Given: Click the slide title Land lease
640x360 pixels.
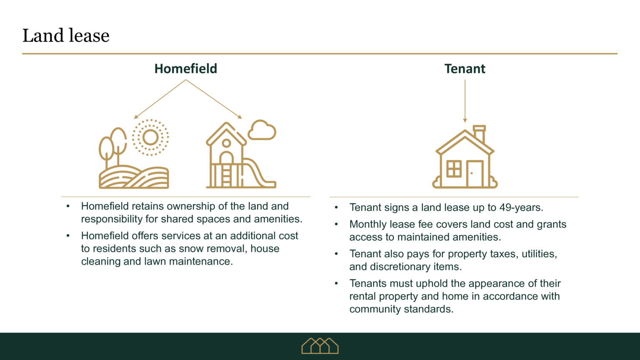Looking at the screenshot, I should tap(66, 36).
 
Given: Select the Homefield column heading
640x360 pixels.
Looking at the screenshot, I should tap(185, 69).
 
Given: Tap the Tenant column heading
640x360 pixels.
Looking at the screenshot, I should tap(465, 69).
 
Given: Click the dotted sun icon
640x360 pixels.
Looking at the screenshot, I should tap(150, 137).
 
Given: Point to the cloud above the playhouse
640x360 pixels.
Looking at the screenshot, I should tap(262, 130).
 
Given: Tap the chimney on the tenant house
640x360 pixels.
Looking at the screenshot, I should tap(479, 133).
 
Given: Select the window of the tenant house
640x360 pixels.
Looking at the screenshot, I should tap(454, 169).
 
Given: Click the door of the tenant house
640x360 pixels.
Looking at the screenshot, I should tap(474, 173).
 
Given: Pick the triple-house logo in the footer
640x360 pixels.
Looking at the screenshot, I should tap(320, 346).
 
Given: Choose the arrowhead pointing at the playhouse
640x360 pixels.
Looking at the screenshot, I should tap(240, 117).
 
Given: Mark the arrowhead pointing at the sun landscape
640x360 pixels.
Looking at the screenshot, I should tap(135, 117).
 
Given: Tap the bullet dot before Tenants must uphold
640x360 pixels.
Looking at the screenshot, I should tap(336, 283).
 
